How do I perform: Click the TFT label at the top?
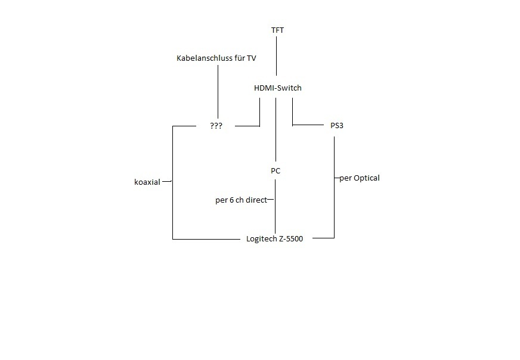pos(277,30)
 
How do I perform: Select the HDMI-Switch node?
pos(278,88)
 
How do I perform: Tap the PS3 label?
pos(337,126)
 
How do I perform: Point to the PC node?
pos(276,171)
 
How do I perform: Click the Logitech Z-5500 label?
pos(275,239)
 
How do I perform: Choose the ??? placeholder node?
pos(216,126)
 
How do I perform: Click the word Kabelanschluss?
pos(202,58)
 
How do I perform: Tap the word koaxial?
pos(147,182)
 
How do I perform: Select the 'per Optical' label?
pos(359,178)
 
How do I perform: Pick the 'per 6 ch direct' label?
pos(241,200)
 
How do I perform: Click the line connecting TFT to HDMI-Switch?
pos(276,57)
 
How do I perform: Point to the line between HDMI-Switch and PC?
pos(275,128)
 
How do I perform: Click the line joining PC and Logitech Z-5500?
pos(275,215)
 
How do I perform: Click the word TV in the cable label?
pos(251,58)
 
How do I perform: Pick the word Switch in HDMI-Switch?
pos(289,88)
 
